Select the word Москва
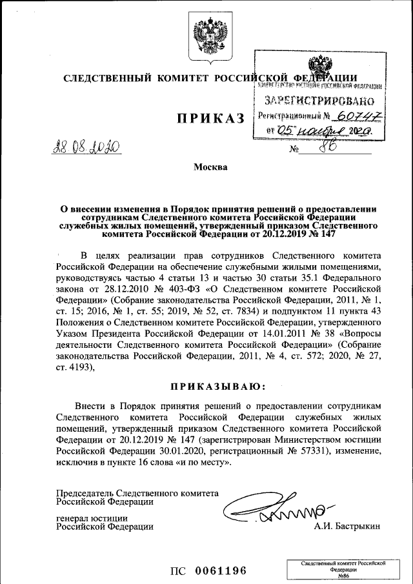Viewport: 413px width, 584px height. click(x=211, y=168)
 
